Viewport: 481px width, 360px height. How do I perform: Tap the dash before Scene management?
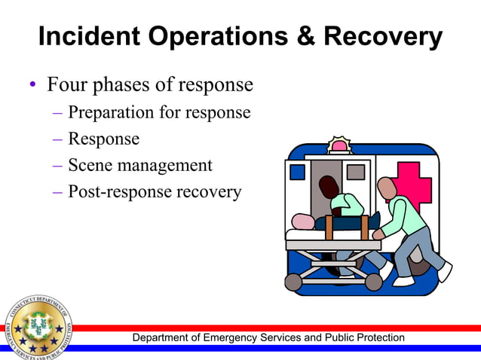58,166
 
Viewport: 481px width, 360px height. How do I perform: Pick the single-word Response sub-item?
103,139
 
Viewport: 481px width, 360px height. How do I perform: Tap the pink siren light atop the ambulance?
339,145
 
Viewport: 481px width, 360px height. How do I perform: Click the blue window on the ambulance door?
297,172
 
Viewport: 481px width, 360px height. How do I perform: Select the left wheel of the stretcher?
293,282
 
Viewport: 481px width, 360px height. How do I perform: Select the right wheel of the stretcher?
374,281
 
